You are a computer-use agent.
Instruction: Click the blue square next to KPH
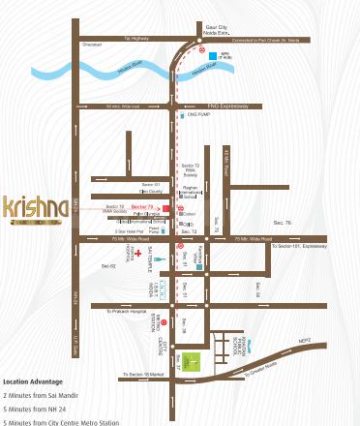[x=212, y=56]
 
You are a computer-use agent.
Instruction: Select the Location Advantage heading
[x=32, y=381]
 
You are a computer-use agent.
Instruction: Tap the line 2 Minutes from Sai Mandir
[x=44, y=395]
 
